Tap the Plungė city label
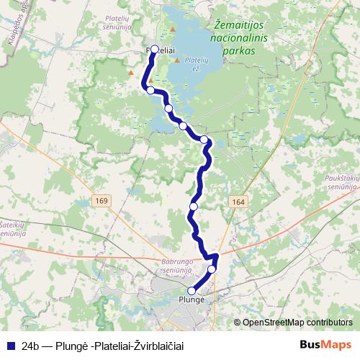pyautogui.click(x=192, y=298)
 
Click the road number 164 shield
pyautogui.click(x=239, y=202)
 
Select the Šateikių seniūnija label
pyautogui.click(x=14, y=228)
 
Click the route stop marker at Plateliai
pyautogui.click(x=154, y=50)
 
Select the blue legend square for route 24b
pyautogui.click(x=11, y=346)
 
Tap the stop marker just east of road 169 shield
pyautogui.click(x=193, y=207)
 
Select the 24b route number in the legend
pyautogui.click(x=30, y=346)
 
